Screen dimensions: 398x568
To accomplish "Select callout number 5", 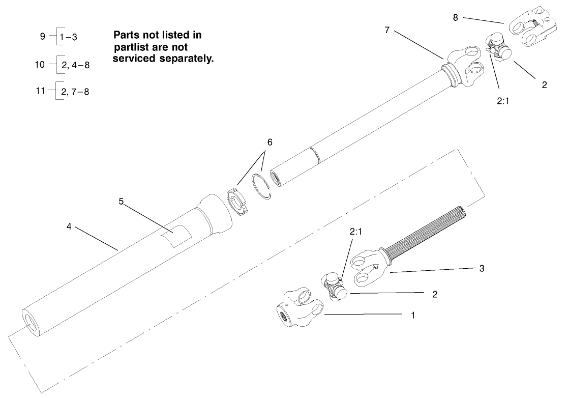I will [121, 201].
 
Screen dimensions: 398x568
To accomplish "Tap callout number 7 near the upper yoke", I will [387, 31].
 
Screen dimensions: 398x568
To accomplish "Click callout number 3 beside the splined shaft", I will [482, 268].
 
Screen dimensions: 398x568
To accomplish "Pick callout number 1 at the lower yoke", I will [413, 315].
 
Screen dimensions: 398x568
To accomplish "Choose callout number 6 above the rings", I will [269, 142].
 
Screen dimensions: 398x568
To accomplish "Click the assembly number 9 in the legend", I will [42, 37].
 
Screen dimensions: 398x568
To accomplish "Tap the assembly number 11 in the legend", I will [40, 92].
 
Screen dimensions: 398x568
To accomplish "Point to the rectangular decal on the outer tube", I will [175, 236].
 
